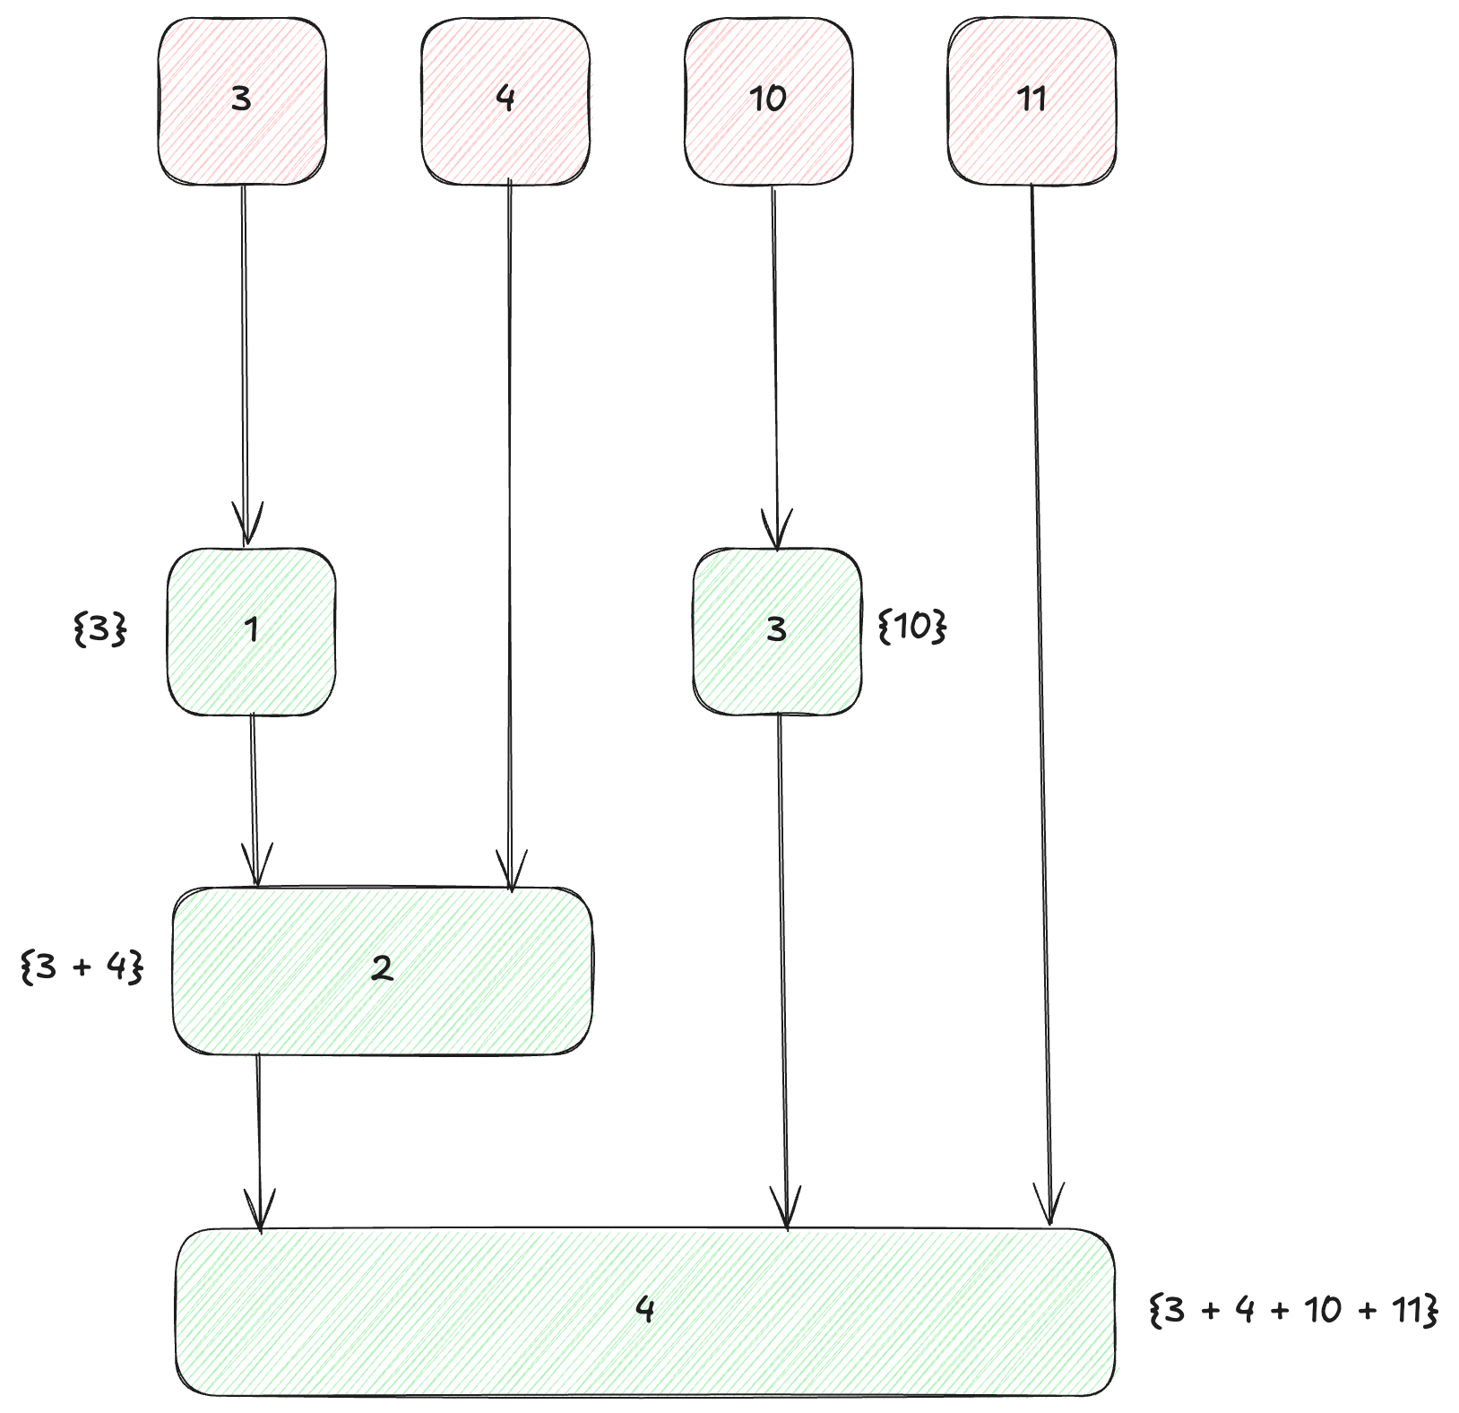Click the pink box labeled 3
click(x=242, y=100)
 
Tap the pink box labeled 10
click(x=769, y=100)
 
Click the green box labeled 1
click(x=252, y=631)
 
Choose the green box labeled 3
click(x=778, y=631)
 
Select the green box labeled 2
click(x=383, y=970)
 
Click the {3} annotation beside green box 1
click(x=99, y=630)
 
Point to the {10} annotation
click(x=911, y=627)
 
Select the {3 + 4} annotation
click(x=82, y=967)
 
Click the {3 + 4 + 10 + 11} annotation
click(x=1293, y=1310)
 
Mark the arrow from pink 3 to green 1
click(x=245, y=359)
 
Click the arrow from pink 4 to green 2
click(x=510, y=538)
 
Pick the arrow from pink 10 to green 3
click(x=775, y=359)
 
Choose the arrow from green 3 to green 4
click(x=782, y=968)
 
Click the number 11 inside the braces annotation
click(x=1407, y=1310)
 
